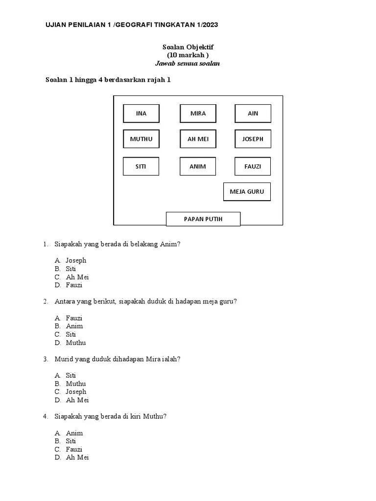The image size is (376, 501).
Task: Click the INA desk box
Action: point(141,114)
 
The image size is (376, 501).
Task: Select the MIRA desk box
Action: point(198,114)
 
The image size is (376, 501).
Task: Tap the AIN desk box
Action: point(253,114)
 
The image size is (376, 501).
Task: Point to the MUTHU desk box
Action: point(141,139)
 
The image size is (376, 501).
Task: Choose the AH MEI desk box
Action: point(198,139)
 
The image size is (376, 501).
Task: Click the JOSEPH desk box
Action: point(253,139)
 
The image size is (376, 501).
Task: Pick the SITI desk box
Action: point(141,166)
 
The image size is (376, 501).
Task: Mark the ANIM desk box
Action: point(198,166)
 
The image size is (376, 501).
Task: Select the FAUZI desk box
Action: point(253,166)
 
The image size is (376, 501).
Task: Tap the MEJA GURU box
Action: point(247,192)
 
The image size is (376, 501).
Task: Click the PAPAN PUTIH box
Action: point(203,219)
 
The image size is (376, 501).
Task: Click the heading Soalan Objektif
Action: point(188,47)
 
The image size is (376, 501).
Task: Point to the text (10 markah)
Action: point(188,55)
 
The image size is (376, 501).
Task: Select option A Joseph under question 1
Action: point(76,261)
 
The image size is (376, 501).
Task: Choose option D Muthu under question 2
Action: point(76,342)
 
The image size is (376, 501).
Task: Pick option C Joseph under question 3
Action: point(76,391)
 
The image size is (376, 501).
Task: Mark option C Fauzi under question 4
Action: point(74,449)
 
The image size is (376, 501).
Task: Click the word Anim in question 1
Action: point(169,244)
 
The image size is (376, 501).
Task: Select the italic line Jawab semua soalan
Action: point(188,64)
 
